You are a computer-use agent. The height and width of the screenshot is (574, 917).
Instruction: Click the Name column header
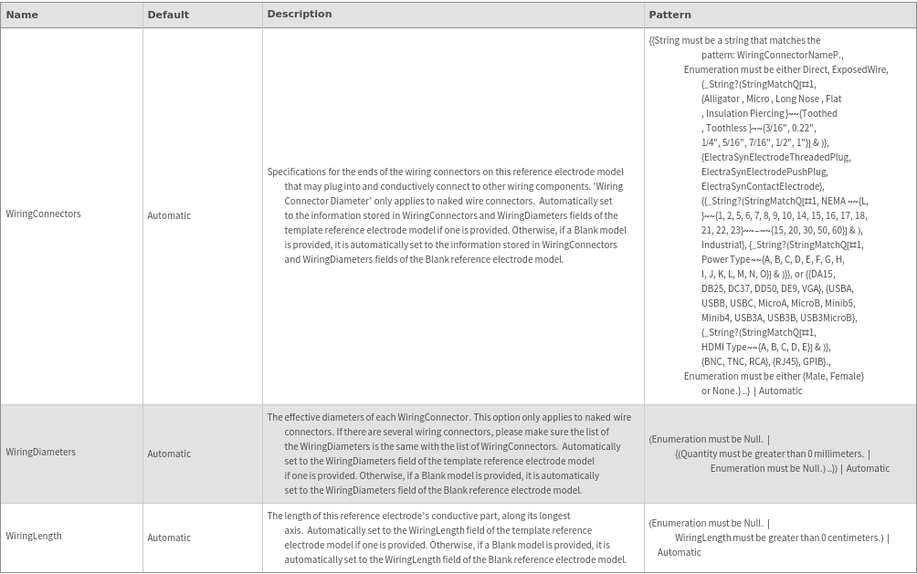click(22, 15)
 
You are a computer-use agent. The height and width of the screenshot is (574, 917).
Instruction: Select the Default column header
click(168, 15)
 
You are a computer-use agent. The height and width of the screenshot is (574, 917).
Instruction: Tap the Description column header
click(299, 15)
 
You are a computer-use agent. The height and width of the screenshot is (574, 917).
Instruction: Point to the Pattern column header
click(669, 15)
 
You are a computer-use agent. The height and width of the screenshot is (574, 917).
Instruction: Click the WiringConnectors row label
click(43, 214)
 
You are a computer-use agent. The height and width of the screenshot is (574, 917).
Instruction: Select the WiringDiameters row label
click(40, 452)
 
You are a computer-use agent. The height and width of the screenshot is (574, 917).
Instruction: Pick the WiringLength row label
click(34, 536)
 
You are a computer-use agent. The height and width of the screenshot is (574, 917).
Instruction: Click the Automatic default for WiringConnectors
click(169, 215)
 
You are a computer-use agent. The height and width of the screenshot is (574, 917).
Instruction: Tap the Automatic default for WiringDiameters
click(169, 454)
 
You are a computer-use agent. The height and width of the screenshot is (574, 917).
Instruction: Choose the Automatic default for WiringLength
click(169, 537)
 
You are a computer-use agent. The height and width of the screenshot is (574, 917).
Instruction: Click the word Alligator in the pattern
click(722, 99)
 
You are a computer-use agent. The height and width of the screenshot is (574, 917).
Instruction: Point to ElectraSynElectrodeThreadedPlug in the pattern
click(775, 157)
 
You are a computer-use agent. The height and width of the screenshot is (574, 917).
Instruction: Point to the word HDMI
click(712, 347)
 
